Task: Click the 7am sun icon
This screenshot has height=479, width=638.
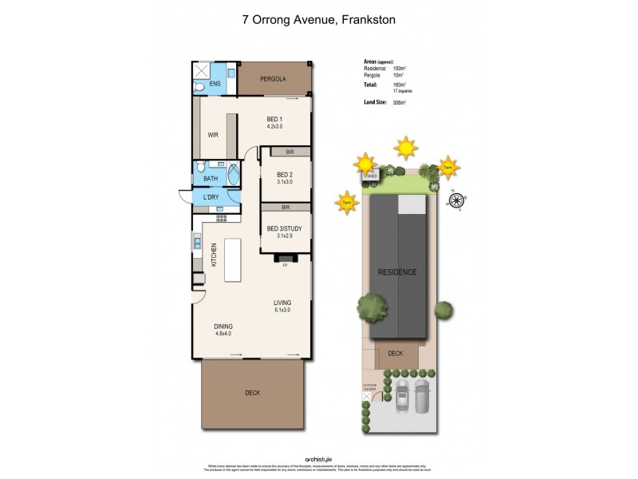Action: [449, 167]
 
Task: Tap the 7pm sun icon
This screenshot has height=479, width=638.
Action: [347, 202]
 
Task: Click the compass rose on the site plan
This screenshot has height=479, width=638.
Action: [456, 200]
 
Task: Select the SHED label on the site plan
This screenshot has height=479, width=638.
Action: [372, 176]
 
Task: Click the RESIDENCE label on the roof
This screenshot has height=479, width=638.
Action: [397, 272]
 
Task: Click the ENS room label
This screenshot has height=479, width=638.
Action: [215, 84]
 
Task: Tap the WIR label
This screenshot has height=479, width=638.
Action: [213, 135]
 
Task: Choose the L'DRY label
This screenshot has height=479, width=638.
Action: [211, 197]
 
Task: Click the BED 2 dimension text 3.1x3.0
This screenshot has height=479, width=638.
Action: [285, 182]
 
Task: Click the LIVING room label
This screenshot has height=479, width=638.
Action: [282, 303]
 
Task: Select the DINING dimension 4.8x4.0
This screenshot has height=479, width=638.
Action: [223, 334]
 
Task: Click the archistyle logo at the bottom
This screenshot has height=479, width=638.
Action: [319, 459]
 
